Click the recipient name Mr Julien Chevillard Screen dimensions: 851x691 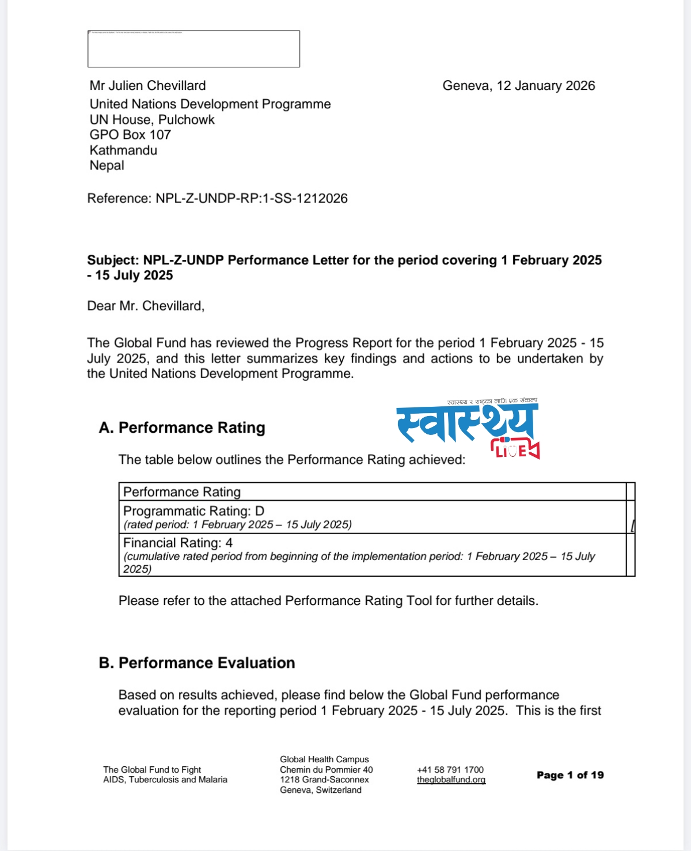pyautogui.click(x=147, y=86)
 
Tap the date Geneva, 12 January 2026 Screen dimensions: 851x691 pyautogui.click(x=518, y=86)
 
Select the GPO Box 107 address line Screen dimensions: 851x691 pyautogui.click(x=130, y=135)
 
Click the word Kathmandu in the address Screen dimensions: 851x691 pyautogui.click(x=123, y=150)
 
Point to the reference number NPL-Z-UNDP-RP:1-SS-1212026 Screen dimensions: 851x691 pyautogui.click(x=252, y=199)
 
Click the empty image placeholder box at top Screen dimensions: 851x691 pyautogui.click(x=193, y=49)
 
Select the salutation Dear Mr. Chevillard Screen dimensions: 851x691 pyautogui.click(x=146, y=306)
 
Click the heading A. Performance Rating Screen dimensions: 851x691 pyautogui.click(x=182, y=428)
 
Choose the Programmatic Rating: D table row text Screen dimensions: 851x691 pyautogui.click(x=194, y=511)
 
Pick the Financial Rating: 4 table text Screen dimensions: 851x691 pyautogui.click(x=178, y=543)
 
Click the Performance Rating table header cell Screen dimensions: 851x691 pyautogui.click(x=182, y=492)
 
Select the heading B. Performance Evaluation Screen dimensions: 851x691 pyautogui.click(x=197, y=663)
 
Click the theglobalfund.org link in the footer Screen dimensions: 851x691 pyautogui.click(x=451, y=780)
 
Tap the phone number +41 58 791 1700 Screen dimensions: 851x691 pyautogui.click(x=450, y=770)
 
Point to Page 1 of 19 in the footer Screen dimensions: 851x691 pyautogui.click(x=570, y=775)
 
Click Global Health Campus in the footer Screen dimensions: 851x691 pyautogui.click(x=324, y=759)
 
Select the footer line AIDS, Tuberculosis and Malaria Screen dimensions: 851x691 pyautogui.click(x=165, y=780)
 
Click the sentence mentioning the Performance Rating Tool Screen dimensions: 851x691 pyautogui.click(x=328, y=601)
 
